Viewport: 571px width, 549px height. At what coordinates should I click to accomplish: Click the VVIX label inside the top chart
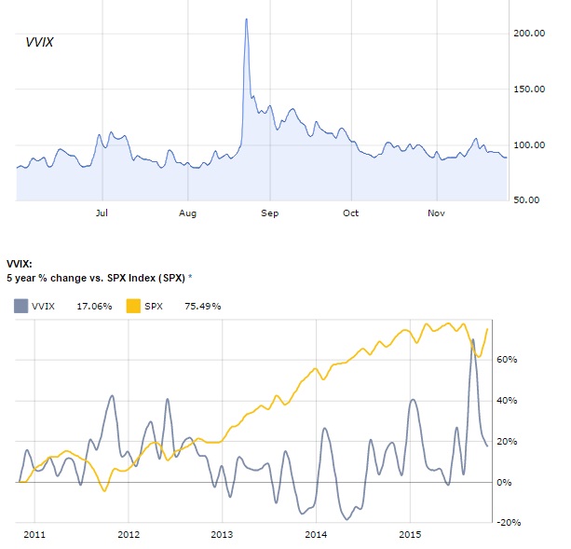[x=38, y=42]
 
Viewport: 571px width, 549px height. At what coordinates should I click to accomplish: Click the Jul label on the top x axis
[x=102, y=213]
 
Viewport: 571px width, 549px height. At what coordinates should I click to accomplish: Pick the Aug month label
[x=187, y=213]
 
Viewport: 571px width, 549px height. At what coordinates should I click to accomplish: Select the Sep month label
[x=269, y=213]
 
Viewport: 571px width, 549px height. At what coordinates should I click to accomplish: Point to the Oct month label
[x=351, y=213]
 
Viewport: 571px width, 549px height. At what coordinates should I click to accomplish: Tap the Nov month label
[x=435, y=213]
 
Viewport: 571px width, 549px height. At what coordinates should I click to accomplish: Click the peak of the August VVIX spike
[x=246, y=19]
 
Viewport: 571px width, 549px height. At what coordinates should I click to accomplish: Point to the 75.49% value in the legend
[x=202, y=306]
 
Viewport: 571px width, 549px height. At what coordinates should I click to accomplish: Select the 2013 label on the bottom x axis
[x=223, y=535]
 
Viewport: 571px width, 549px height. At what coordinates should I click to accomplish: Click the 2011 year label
[x=34, y=535]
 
